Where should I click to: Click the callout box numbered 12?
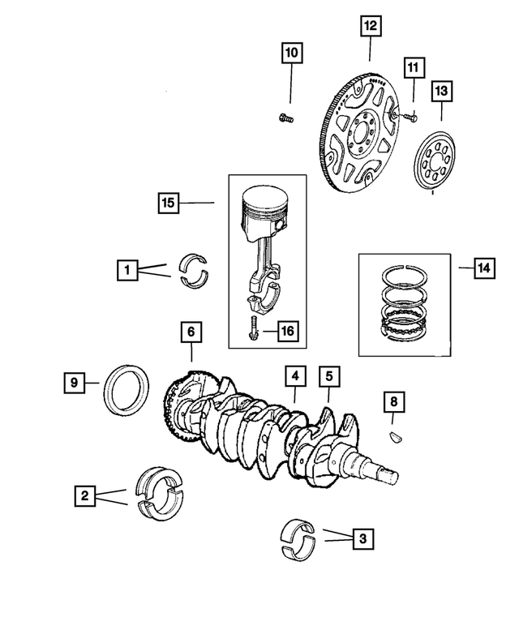(370, 26)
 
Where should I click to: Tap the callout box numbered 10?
(292, 53)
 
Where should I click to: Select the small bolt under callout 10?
(286, 118)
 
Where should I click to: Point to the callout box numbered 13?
(441, 91)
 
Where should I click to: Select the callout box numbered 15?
(169, 203)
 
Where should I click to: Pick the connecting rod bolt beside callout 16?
(253, 328)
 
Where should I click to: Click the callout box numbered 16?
(287, 331)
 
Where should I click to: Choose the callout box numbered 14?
(484, 268)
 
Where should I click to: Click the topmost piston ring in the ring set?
(404, 276)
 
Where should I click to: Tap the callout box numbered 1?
(127, 270)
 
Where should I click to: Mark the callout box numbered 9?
(75, 382)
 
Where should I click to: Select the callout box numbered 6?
(191, 332)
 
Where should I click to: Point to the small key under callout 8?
(397, 436)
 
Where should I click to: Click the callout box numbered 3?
(362, 538)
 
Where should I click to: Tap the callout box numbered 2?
(85, 495)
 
